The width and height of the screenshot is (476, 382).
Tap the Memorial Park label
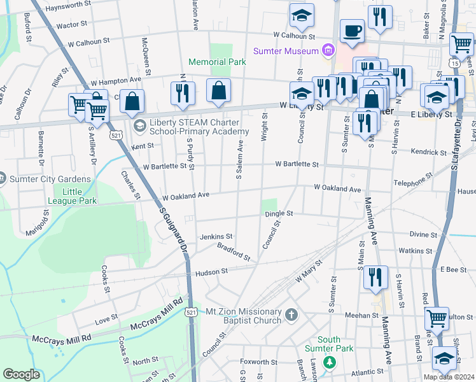pyautogui.click(x=217, y=62)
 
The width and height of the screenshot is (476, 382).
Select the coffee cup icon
pyautogui.click(x=351, y=31)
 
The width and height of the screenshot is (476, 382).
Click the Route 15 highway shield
pyautogui.click(x=454, y=64)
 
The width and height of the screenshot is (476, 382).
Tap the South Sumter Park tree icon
pyautogui.click(x=329, y=362)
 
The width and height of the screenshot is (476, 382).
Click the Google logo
pyautogui.click(x=21, y=374)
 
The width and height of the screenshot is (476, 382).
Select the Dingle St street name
pyautogui.click(x=279, y=214)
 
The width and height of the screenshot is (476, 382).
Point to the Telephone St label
pyautogui.click(x=412, y=178)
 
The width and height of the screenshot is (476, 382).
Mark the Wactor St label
pyautogui.click(x=71, y=25)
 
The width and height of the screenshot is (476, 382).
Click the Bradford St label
pyautogui.click(x=234, y=251)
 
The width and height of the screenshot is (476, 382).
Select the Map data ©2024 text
pyautogui.click(x=448, y=377)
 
